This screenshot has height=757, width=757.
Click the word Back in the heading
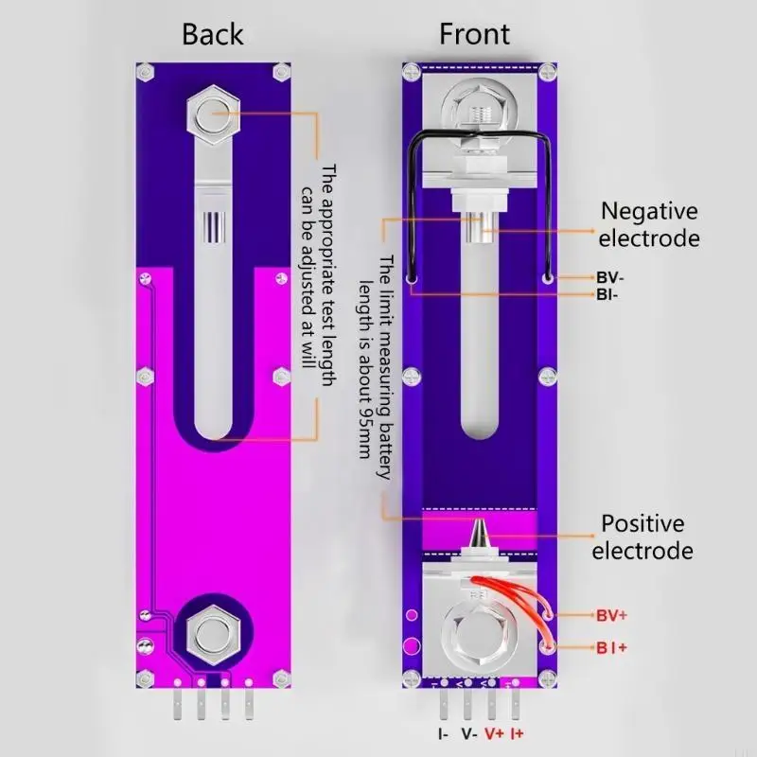coord(212,35)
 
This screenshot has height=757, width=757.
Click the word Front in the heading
coord(474,35)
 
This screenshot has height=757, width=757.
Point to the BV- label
coord(610,278)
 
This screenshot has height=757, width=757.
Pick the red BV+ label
coord(611,616)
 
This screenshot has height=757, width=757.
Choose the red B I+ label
coord(611,647)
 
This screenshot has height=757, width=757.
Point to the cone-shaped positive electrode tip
coord(480,536)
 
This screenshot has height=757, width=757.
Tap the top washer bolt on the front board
coord(476,110)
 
